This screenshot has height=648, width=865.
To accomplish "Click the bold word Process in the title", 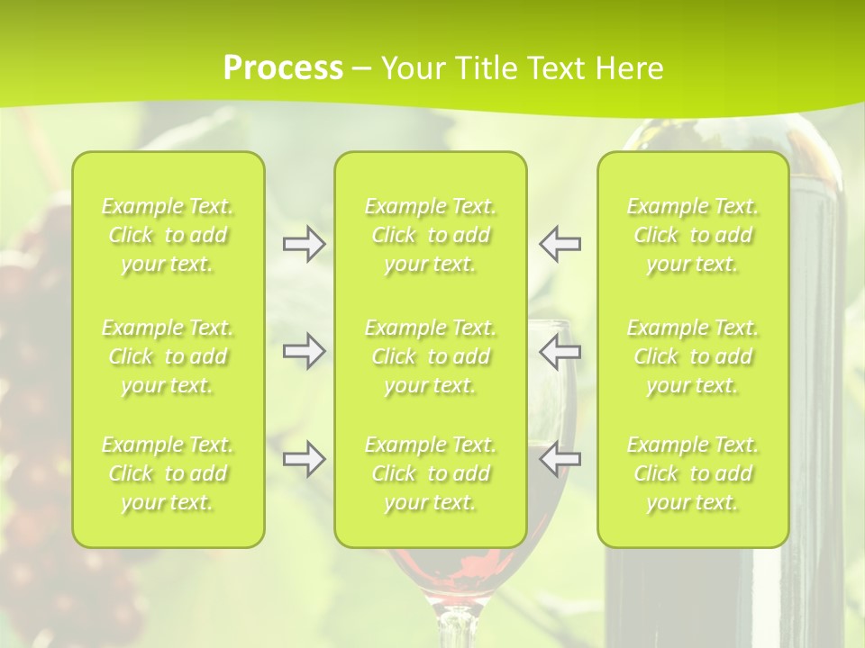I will (282, 68).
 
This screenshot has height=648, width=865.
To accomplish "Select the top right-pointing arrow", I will (304, 244).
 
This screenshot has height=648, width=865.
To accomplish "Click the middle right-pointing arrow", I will (304, 351).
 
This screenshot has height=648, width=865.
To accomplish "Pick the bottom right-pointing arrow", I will (304, 459).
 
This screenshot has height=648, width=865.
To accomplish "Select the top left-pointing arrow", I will (560, 244).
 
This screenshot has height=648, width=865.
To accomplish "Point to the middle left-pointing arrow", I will (560, 351).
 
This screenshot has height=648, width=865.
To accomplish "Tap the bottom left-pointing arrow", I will (560, 459).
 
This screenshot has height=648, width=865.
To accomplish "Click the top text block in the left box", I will (168, 235).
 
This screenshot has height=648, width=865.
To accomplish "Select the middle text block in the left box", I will (168, 356).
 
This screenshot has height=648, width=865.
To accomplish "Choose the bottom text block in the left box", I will (168, 473).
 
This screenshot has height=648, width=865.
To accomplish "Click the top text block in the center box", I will (430, 235).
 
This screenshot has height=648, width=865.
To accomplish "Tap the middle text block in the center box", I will (430, 356).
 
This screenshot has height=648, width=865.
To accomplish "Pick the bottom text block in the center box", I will (430, 473).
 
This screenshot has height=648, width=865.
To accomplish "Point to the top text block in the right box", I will (693, 235).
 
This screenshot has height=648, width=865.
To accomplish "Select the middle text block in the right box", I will (693, 356).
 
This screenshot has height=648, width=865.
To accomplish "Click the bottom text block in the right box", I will (693, 473).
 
